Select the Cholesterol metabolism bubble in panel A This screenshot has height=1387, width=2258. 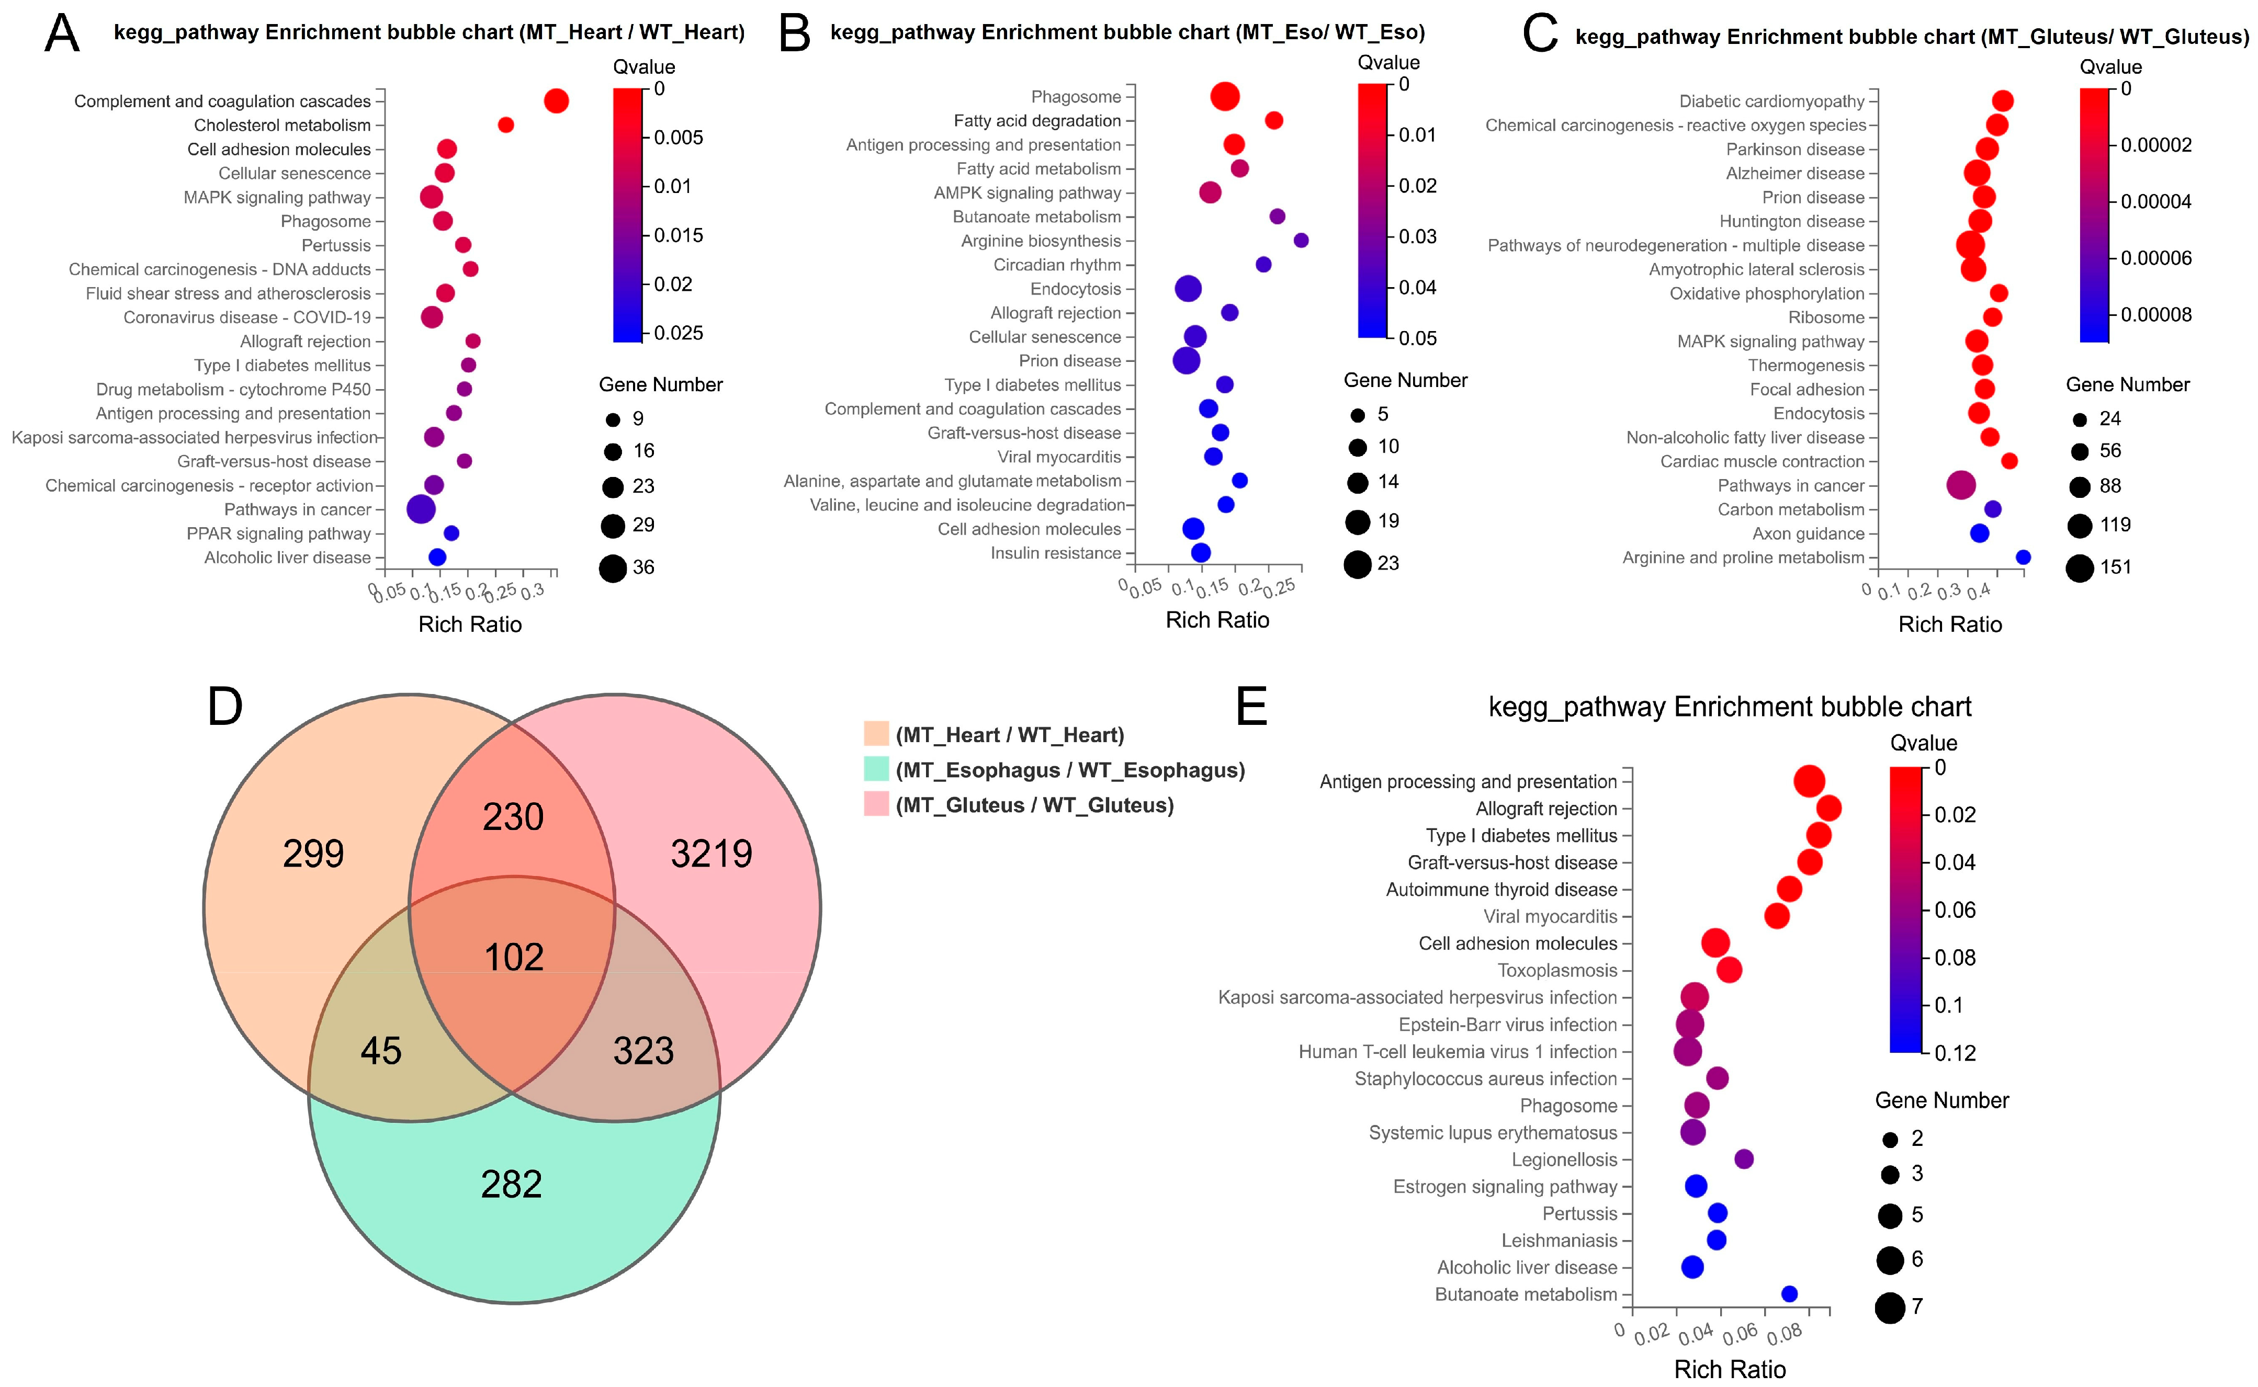click(x=505, y=125)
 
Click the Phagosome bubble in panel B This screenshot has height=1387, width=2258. click(x=1224, y=96)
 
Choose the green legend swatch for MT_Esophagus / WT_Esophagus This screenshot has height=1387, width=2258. click(x=876, y=770)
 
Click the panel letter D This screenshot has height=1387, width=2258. click(x=225, y=707)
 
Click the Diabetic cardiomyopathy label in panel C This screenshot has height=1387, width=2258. click(x=1771, y=101)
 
